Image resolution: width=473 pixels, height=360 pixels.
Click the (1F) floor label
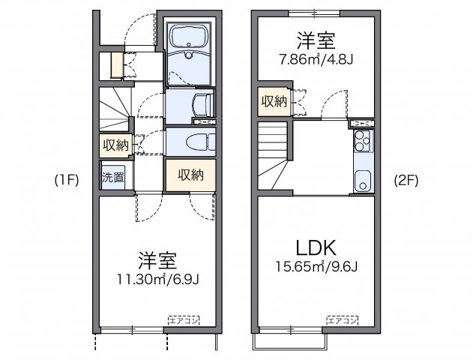pos(67,180)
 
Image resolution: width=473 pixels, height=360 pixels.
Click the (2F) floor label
pos(406,180)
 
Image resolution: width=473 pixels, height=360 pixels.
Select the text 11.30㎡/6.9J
pos(157,280)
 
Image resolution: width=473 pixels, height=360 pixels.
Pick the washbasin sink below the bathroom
pos(202,103)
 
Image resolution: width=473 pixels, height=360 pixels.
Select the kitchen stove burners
pos(362,139)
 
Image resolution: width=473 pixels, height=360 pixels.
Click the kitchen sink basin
pos(362,180)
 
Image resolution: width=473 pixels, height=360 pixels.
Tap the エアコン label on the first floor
pos(184,320)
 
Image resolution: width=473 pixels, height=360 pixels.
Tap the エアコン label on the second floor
pos(341,320)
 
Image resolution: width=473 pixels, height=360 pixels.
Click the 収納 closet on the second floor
pos(274,101)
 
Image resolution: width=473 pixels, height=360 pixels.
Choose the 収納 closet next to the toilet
pos(190,175)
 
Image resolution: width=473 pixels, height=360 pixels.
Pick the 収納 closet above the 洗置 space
pos(115,145)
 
